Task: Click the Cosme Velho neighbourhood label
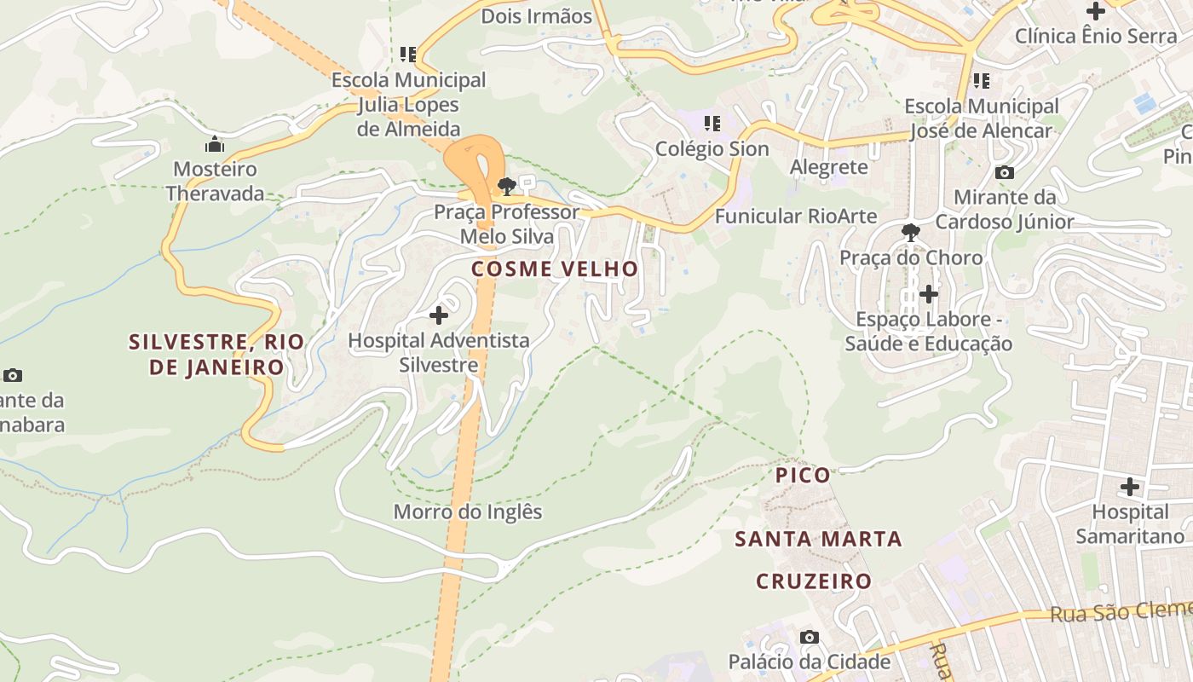[555, 269]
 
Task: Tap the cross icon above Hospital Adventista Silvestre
[439, 315]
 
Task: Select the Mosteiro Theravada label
[215, 181]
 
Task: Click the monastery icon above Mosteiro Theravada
[215, 144]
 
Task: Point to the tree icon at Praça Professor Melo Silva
[507, 185]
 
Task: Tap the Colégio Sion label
[712, 148]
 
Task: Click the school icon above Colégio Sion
[712, 124]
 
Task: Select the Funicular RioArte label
[795, 216]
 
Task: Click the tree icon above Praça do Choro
[911, 232]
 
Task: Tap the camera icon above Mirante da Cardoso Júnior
[1005, 172]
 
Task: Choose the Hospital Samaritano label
[1130, 523]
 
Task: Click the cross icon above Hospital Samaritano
[1130, 487]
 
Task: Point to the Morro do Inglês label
[468, 511]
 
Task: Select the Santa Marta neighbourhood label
[818, 539]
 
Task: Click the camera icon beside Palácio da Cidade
[810, 637]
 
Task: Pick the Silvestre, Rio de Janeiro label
[216, 354]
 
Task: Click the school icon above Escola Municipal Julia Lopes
[408, 55]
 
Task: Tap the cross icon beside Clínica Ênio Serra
[1096, 11]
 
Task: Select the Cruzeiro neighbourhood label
[814, 581]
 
